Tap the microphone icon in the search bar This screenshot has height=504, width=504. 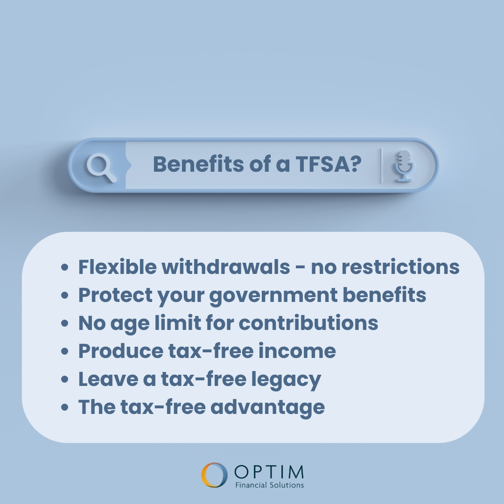[404, 166]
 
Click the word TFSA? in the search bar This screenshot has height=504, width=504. [329, 164]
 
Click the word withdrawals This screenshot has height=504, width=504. [226, 267]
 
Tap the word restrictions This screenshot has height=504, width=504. [400, 267]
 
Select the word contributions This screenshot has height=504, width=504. [308, 323]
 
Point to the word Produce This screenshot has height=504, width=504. [121, 350]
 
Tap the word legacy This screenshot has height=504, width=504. [286, 379]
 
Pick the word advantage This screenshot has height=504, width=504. [267, 407]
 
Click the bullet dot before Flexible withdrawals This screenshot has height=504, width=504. [64, 267]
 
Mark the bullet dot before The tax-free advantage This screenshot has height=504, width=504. [64, 407]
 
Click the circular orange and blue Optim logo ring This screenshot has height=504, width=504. [214, 475]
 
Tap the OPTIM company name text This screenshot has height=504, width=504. [269, 472]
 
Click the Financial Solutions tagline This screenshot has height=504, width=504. [269, 485]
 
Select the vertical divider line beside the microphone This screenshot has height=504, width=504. [381, 166]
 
